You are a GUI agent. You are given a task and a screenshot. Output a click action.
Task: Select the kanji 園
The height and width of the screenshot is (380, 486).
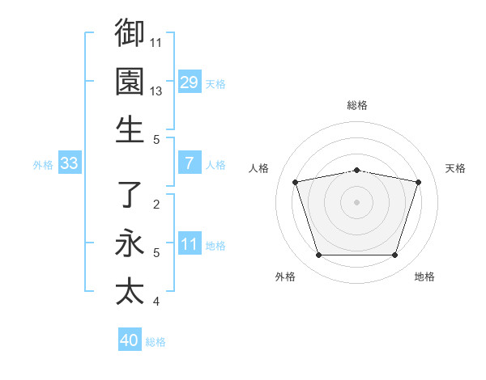tap(130, 81)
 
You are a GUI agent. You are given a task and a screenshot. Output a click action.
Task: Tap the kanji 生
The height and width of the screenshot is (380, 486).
tap(130, 129)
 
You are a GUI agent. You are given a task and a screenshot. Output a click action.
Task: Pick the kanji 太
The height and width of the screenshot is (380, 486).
tap(130, 291)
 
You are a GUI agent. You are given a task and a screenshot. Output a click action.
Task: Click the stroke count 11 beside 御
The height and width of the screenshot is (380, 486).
tap(156, 42)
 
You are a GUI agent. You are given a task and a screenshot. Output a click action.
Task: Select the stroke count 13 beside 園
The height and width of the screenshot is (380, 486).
tap(156, 91)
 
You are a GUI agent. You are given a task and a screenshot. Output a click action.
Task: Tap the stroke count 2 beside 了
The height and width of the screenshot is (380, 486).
tap(156, 205)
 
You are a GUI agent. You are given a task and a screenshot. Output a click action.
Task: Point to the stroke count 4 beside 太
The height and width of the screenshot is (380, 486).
tap(156, 302)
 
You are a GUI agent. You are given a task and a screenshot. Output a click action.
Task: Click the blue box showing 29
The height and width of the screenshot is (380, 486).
tap(189, 82)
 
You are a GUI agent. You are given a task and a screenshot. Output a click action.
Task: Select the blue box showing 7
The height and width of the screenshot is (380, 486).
tap(189, 163)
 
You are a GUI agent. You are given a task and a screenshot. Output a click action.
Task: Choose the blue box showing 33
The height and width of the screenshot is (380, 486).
tap(69, 163)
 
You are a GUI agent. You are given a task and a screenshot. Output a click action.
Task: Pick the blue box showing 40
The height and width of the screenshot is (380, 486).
tap(130, 340)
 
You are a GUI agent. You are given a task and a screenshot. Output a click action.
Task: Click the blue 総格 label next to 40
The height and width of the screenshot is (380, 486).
tap(156, 342)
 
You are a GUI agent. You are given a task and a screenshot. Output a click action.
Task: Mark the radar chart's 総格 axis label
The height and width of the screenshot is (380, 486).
tap(356, 105)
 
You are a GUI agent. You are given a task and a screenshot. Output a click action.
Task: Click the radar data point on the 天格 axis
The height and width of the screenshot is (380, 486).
tap(418, 182)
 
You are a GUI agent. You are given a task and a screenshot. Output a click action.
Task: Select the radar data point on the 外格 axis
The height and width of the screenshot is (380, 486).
tap(318, 255)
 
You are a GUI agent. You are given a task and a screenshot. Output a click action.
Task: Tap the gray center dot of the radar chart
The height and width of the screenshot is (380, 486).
tap(356, 202)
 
